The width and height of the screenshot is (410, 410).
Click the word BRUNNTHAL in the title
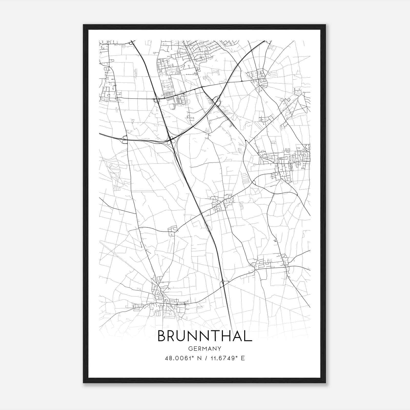[x=205, y=336]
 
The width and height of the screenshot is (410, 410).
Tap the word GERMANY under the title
[x=205, y=349]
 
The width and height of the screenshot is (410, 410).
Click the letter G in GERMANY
[x=190, y=349]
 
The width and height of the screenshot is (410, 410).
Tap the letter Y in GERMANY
[x=219, y=349]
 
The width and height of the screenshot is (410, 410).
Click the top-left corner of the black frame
[x=84, y=25]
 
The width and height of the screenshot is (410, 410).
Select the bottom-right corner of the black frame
[x=325, y=383]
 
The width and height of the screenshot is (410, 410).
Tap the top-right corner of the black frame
[x=325, y=25]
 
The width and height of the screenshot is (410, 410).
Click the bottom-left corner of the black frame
[x=84, y=383]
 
